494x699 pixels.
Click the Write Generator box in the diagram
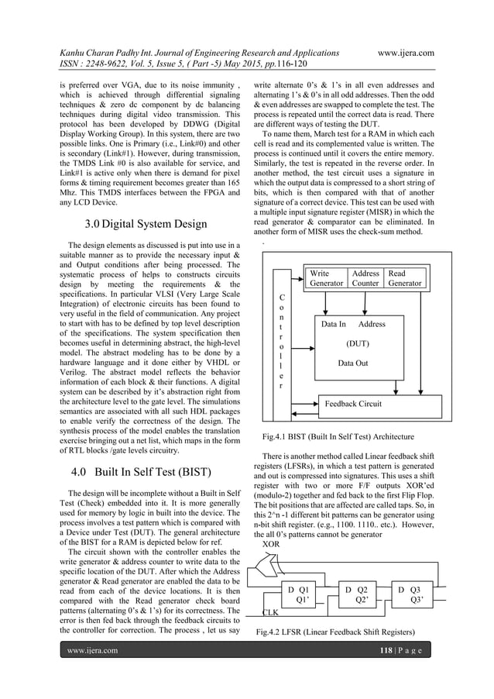[x=326, y=278]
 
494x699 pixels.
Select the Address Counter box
[x=365, y=278]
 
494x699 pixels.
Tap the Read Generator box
[x=405, y=278]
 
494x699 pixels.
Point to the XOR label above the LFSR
[x=271, y=545]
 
